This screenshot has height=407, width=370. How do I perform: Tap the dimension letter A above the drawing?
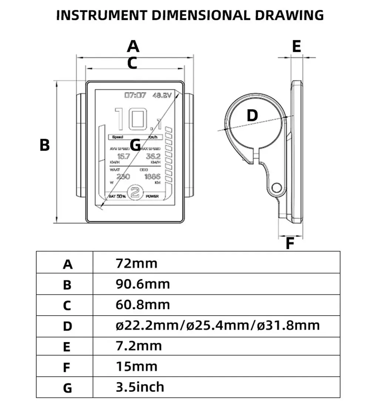tap(133, 47)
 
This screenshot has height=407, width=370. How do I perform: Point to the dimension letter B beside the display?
tap(44, 145)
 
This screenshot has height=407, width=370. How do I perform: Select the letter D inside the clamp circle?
tap(252, 116)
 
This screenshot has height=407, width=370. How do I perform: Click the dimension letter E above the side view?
tap(296, 47)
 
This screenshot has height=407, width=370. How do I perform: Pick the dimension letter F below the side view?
tap(290, 244)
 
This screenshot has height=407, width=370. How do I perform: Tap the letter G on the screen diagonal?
tap(135, 145)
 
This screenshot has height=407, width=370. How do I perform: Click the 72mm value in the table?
tap(137, 263)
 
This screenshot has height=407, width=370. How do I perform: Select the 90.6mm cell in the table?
tap(143, 284)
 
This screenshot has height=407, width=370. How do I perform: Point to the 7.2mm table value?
tap(139, 346)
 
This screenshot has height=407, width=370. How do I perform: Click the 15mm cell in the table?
tap(137, 366)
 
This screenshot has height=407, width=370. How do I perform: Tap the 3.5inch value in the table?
tap(140, 387)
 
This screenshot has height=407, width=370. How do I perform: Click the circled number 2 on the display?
tap(135, 192)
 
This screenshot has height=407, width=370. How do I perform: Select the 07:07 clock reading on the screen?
tap(135, 95)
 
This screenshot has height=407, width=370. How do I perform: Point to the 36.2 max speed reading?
tap(153, 157)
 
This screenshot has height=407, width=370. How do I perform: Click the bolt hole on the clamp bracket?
tap(276, 188)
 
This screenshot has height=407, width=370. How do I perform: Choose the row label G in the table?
tap(67, 388)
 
